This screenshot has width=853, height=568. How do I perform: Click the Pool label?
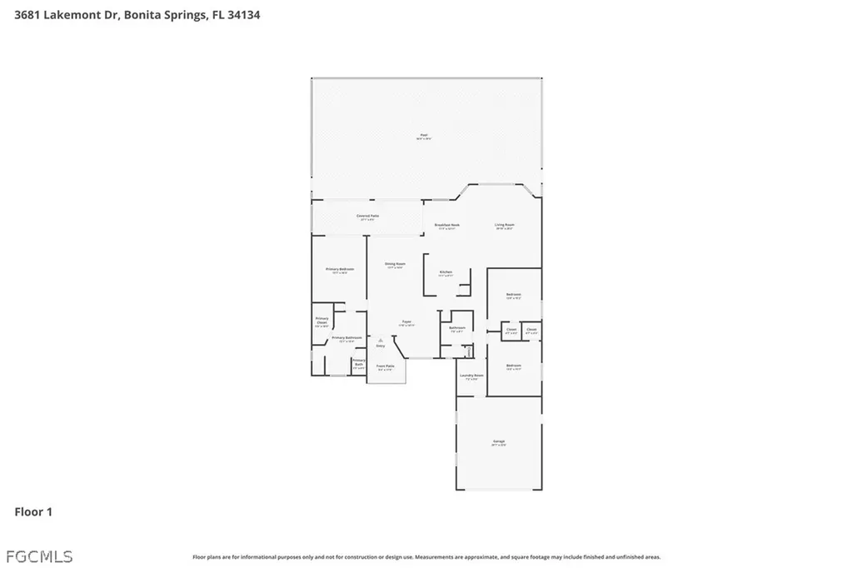coord(423,136)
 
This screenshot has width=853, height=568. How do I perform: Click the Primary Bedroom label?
coord(340,269)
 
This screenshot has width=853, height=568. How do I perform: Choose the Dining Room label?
coord(395,264)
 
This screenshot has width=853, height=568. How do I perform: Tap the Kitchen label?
coord(446,272)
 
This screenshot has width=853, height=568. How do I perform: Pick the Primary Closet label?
coord(322,321)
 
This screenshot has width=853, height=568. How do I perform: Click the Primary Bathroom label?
coord(347,338)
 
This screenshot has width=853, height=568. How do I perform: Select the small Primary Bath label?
coord(359,362)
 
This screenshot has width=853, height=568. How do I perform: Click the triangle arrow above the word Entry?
coord(381,339)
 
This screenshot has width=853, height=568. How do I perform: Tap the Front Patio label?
coord(385,366)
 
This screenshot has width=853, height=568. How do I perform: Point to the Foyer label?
coord(407,321)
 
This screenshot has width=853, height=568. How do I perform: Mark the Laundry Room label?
coord(471,376)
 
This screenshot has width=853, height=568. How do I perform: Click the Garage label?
coord(499,441)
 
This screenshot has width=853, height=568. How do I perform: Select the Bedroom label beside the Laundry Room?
coord(513,366)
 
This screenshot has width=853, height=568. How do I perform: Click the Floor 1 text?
coord(33,512)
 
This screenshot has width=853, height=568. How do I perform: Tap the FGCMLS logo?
coord(38,556)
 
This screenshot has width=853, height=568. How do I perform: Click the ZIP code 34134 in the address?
coord(242,14)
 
